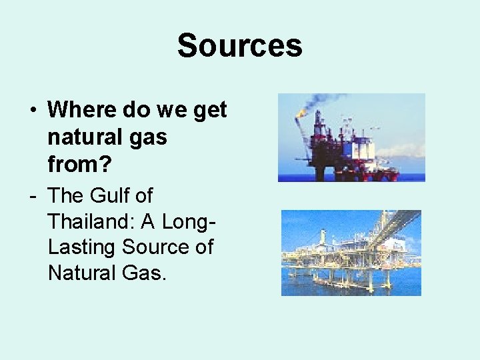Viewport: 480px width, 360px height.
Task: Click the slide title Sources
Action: pos(239,46)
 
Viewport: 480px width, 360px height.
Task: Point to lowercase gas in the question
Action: pos(149,139)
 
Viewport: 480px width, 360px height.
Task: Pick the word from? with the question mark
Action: pos(75,163)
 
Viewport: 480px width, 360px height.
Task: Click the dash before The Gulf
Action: pos(32,196)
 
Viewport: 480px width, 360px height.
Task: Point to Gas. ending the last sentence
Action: pos(147,272)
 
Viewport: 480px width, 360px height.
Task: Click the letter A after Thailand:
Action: pos(151,221)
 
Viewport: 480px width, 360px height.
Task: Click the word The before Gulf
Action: pos(64,196)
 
